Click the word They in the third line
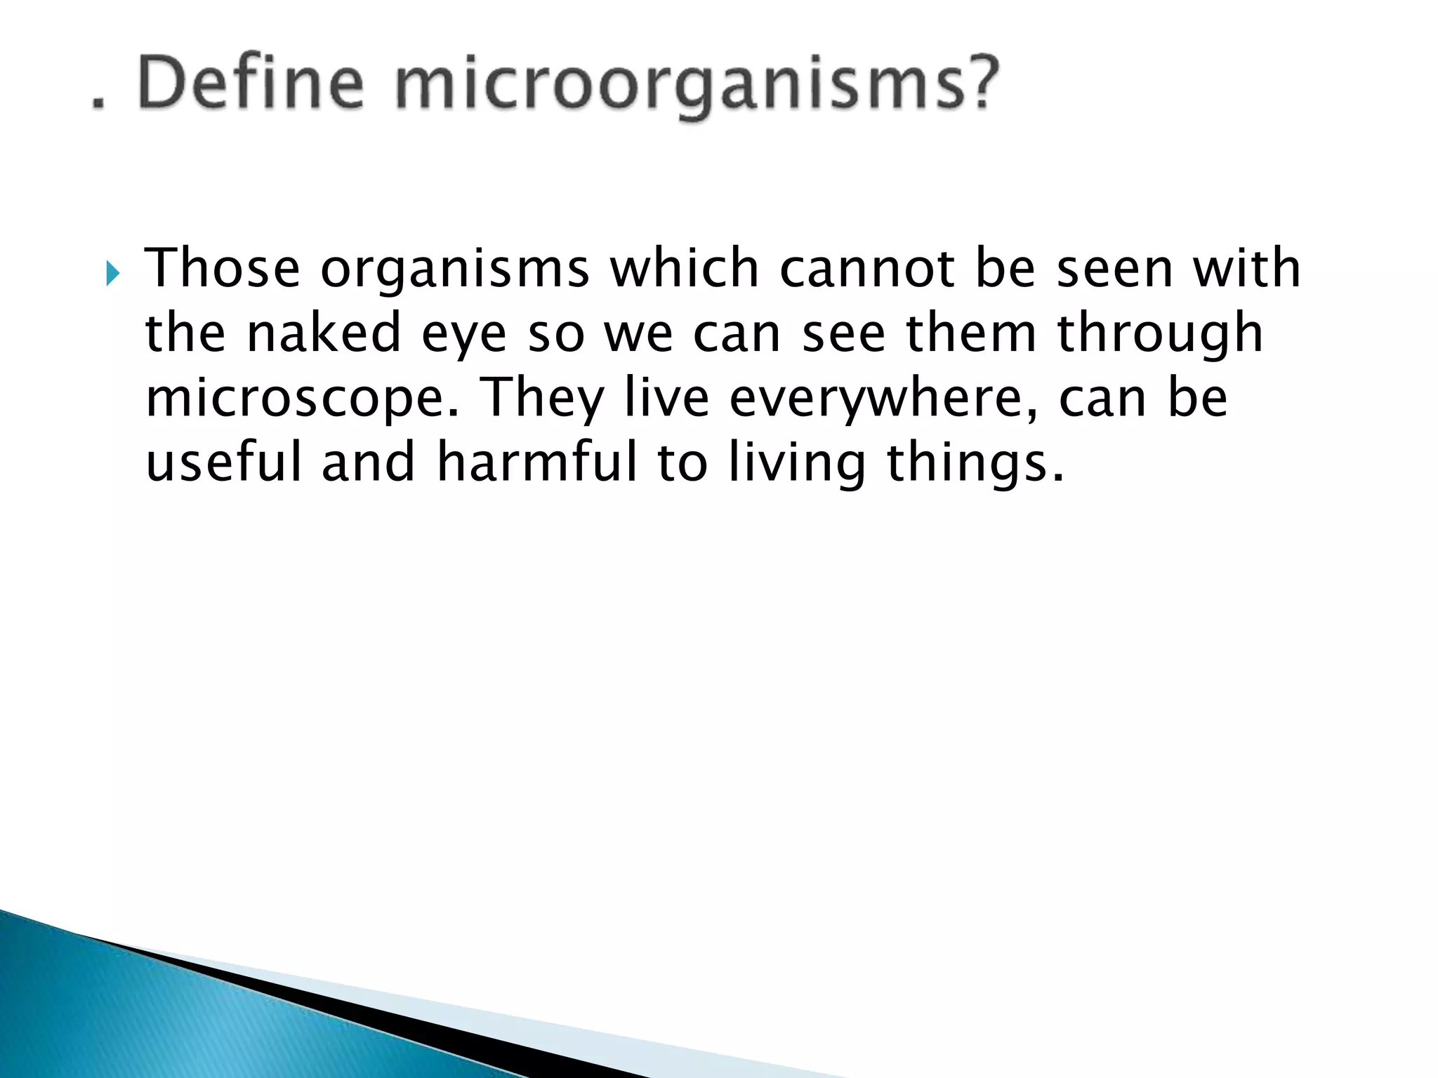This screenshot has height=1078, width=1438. [x=544, y=399]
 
